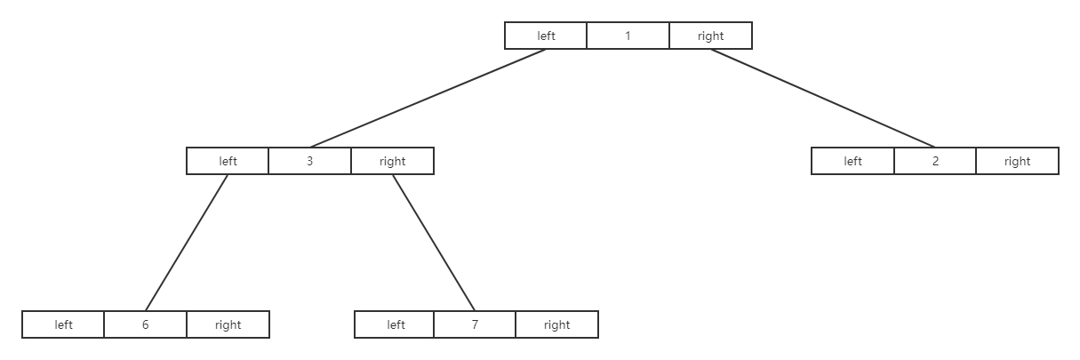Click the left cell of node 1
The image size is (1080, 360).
click(x=546, y=36)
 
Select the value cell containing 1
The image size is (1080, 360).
click(x=628, y=36)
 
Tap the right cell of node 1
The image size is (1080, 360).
click(x=710, y=36)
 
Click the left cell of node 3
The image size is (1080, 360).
click(x=228, y=161)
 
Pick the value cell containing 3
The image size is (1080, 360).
click(x=309, y=161)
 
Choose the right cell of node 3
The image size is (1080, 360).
click(x=392, y=161)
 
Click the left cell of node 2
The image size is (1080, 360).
click(x=852, y=161)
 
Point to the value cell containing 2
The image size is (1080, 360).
click(x=935, y=161)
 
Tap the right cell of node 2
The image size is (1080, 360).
click(x=1017, y=161)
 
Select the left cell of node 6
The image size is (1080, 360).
click(x=63, y=324)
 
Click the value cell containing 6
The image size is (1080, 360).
click(x=145, y=324)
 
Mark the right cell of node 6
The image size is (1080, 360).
click(x=228, y=324)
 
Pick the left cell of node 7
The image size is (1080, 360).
click(x=395, y=324)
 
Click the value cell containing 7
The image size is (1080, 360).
click(x=475, y=324)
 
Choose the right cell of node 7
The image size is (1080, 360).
click(x=556, y=324)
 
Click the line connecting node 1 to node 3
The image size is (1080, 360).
click(x=428, y=98)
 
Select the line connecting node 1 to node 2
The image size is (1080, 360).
click(x=822, y=98)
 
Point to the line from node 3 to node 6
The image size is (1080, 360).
click(x=187, y=243)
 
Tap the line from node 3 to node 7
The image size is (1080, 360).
click(x=434, y=243)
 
